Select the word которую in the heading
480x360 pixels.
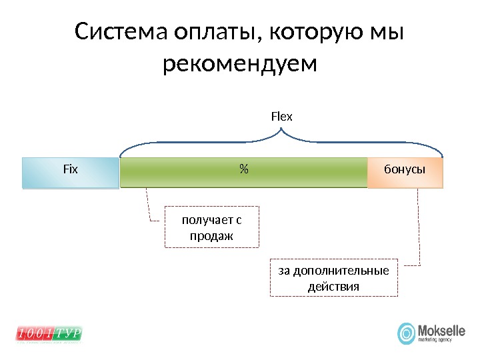click(x=314, y=33)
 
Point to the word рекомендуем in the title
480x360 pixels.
click(x=240, y=65)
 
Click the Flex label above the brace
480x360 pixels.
click(x=281, y=117)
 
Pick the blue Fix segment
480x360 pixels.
click(x=70, y=173)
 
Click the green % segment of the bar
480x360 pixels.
click(x=200, y=173)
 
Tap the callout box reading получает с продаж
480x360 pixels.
click(x=211, y=228)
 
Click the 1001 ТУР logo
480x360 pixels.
click(x=48, y=333)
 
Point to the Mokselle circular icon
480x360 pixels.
click(x=406, y=333)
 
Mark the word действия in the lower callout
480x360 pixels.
click(x=333, y=287)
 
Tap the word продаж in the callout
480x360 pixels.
click(x=211, y=237)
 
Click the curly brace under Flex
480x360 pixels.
click(x=281, y=139)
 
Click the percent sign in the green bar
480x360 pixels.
click(x=243, y=170)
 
